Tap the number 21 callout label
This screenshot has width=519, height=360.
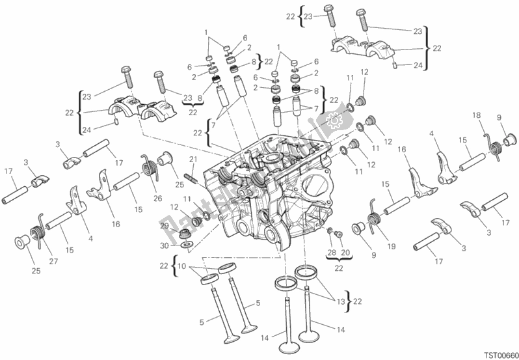click(x=193, y=159)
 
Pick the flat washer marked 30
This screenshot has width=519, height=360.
click(x=186, y=245)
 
